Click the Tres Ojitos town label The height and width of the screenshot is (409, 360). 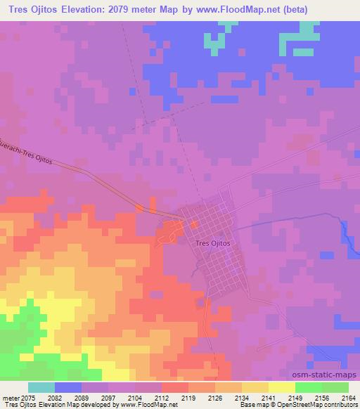(211, 242)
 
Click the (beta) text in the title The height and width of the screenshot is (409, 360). (316, 7)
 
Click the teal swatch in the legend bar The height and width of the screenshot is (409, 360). (41, 387)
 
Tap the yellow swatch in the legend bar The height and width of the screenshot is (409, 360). (282, 387)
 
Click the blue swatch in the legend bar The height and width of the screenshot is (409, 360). (68, 387)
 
